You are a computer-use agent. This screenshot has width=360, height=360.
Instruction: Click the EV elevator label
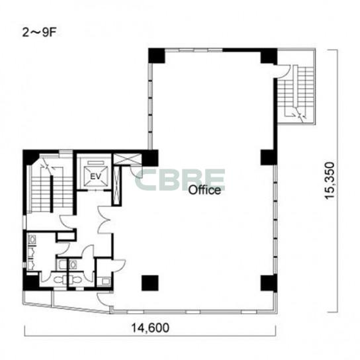pos(95,176)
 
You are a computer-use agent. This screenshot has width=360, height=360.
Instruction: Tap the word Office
pos(204,190)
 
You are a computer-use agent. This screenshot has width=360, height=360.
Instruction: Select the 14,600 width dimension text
pos(150,328)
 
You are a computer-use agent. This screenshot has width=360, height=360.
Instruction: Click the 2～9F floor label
pos(39,33)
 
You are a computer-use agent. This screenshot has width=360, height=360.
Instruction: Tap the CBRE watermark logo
pos(180,180)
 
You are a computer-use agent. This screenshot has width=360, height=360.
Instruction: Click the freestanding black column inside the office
pos(150,283)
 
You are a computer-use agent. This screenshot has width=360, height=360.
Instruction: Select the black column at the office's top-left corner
pos(157,56)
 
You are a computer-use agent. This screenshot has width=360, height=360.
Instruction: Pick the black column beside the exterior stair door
pos(269,56)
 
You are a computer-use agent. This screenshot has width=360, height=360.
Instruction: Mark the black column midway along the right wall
pos(269,157)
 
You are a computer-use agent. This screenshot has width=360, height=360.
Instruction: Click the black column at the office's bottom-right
pos(269,283)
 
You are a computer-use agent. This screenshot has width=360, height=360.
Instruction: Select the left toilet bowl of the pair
pos(60,280)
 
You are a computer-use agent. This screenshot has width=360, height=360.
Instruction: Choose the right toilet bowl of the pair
pos(75,280)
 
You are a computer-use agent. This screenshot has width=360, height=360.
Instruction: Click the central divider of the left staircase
pos(52,194)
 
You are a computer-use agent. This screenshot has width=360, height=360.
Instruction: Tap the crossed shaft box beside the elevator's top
pos(127,159)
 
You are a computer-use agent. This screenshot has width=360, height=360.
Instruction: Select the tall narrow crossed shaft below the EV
pos(117,185)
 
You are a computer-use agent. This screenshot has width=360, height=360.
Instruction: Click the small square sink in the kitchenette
pos(106,281)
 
